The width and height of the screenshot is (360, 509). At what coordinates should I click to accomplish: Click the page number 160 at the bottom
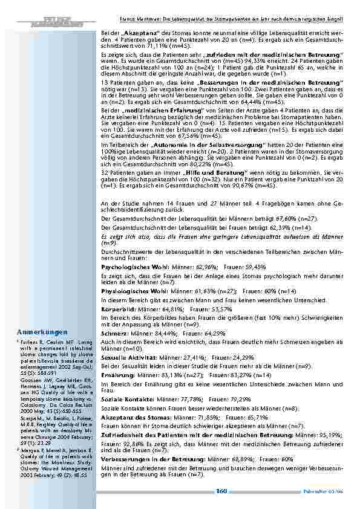[x=221, y=491]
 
